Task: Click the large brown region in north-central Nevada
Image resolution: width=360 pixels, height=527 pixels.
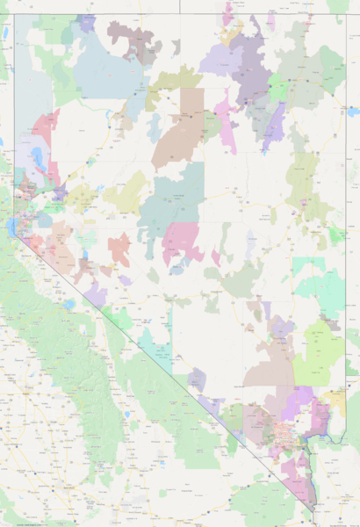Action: coord(180,127)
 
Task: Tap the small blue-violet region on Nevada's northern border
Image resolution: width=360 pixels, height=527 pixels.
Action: coord(85,22)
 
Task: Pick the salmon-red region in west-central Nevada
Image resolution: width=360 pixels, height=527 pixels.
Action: coord(119,249)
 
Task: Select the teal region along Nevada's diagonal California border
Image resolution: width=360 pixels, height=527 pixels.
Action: coord(156,347)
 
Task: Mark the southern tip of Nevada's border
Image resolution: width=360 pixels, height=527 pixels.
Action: coord(313,511)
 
